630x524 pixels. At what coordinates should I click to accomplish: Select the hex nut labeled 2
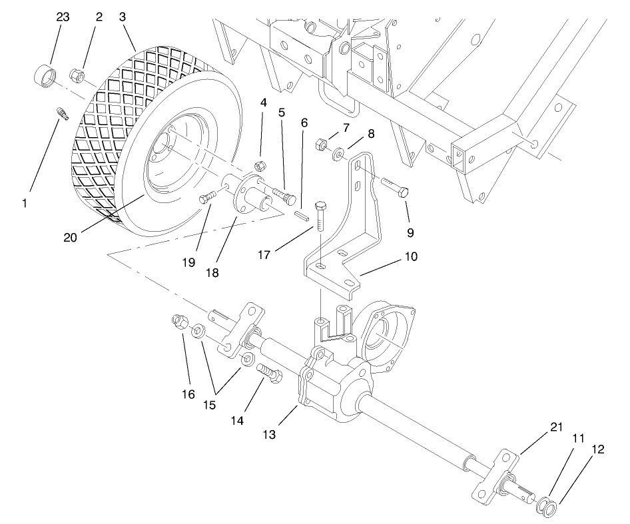(78, 77)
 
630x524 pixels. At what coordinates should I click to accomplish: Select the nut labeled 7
(318, 143)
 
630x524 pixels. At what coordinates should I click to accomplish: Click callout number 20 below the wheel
(71, 237)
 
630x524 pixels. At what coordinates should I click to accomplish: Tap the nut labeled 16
(178, 322)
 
